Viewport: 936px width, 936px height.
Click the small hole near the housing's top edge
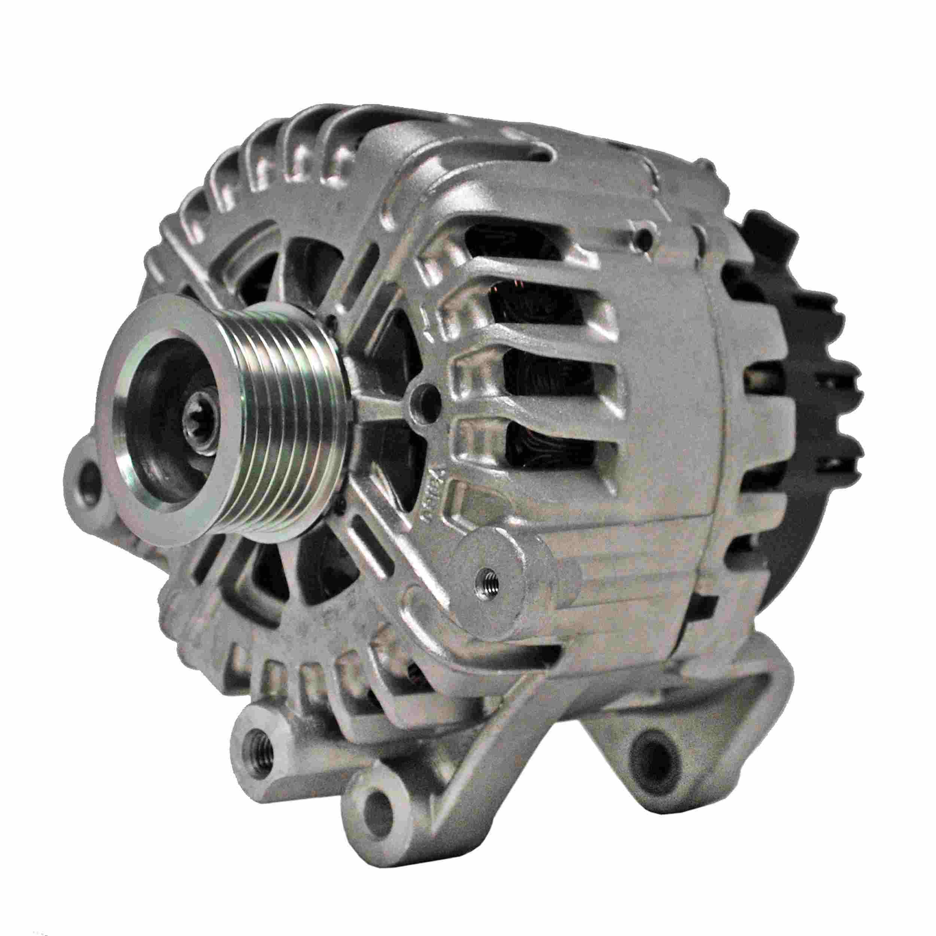(643, 236)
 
